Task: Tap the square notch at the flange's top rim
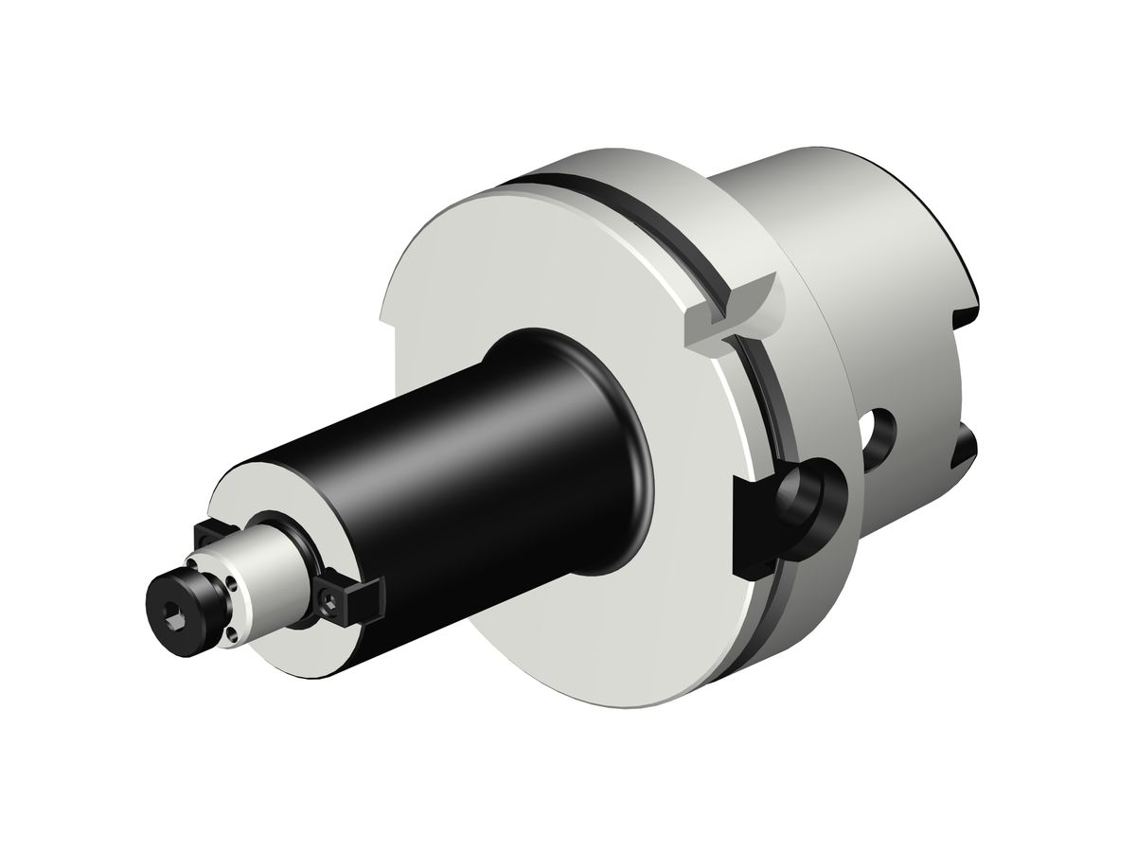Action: [x=734, y=308]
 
